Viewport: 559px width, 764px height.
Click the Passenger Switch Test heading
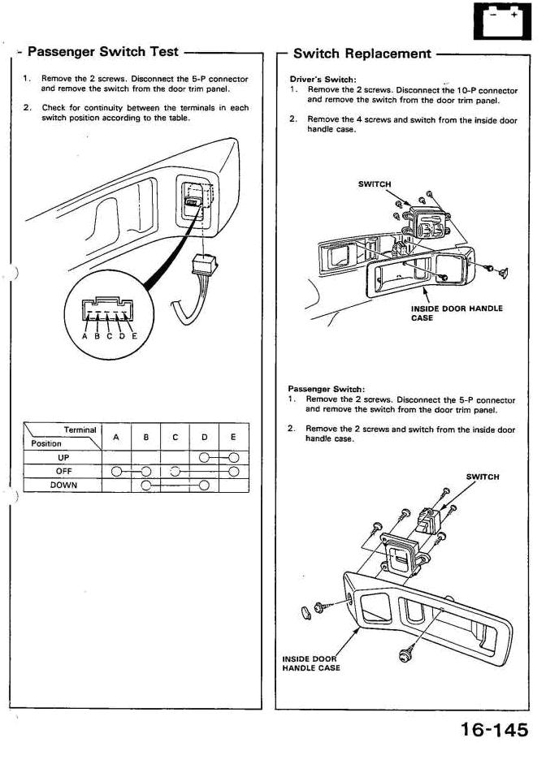pos(102,52)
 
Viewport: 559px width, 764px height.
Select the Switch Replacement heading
pos(362,54)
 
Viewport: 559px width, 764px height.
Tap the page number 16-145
pos(494,729)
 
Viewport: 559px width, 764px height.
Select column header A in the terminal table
pos(116,437)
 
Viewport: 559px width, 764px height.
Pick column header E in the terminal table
pos(233,437)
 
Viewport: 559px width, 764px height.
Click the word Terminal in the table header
pos(80,429)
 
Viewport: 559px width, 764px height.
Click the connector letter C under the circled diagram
pos(110,336)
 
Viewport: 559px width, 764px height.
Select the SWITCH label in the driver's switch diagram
pos(375,184)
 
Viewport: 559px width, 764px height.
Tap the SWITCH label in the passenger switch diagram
pos(483,477)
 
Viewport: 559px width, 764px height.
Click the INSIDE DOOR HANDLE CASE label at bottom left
pos(311,663)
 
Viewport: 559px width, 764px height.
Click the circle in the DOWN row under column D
pos(204,486)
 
